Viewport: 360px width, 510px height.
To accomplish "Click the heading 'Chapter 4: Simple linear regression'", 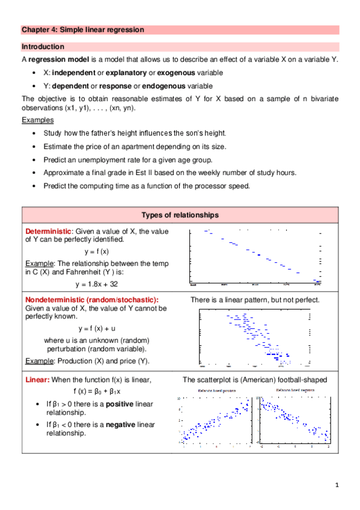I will coord(83,29).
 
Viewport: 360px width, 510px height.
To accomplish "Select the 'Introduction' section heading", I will coord(43,46).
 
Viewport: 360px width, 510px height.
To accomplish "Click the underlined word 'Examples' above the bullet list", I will coord(37,120).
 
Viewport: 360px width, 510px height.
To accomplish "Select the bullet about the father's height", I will coord(126,133).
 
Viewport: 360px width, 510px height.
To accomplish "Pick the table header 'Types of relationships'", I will coord(180,215).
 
